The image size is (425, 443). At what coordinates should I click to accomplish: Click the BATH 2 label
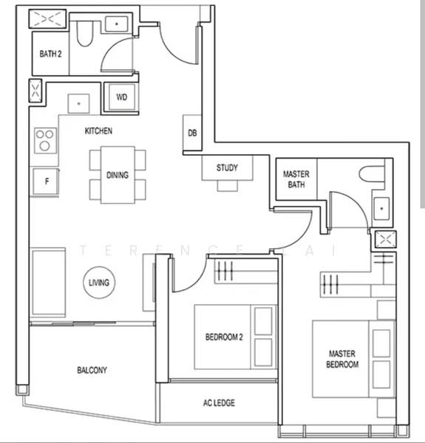click(x=50, y=54)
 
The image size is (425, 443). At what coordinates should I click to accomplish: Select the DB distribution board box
click(x=192, y=133)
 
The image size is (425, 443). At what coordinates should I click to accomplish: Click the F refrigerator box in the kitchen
click(x=46, y=182)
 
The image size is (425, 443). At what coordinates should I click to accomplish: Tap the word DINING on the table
click(x=118, y=175)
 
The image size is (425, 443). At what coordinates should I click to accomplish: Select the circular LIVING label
click(x=98, y=283)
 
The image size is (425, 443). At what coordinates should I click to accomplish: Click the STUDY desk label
click(x=227, y=168)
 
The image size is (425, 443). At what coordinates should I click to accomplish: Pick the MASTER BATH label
click(x=296, y=179)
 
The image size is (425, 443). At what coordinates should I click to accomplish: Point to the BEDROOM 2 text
click(x=224, y=337)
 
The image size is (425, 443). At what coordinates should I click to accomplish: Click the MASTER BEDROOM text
click(x=343, y=359)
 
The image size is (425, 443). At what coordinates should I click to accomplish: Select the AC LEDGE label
click(x=219, y=403)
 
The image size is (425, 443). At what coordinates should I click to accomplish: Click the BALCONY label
click(x=92, y=370)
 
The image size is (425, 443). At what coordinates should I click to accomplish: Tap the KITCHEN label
click(x=98, y=131)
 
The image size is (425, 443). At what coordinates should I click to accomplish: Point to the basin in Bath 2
click(x=117, y=24)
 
